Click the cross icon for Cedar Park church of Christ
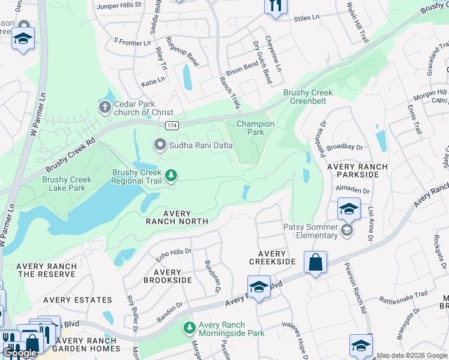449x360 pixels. [x=104, y=107]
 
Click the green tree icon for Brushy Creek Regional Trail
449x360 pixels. [x=172, y=176]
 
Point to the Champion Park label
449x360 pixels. [x=255, y=128]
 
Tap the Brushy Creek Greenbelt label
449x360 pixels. [x=308, y=97]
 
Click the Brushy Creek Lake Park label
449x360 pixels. [x=67, y=184]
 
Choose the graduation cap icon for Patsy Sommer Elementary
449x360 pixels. [x=346, y=230]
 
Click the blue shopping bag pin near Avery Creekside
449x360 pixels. [x=315, y=262]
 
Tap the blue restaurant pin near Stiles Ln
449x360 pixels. [x=276, y=5]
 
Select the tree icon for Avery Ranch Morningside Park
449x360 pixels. [x=189, y=329]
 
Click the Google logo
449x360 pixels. [x=20, y=353]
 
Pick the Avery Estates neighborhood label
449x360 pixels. [x=82, y=300]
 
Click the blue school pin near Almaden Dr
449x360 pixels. [x=349, y=209]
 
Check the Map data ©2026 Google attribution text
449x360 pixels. [x=412, y=355]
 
